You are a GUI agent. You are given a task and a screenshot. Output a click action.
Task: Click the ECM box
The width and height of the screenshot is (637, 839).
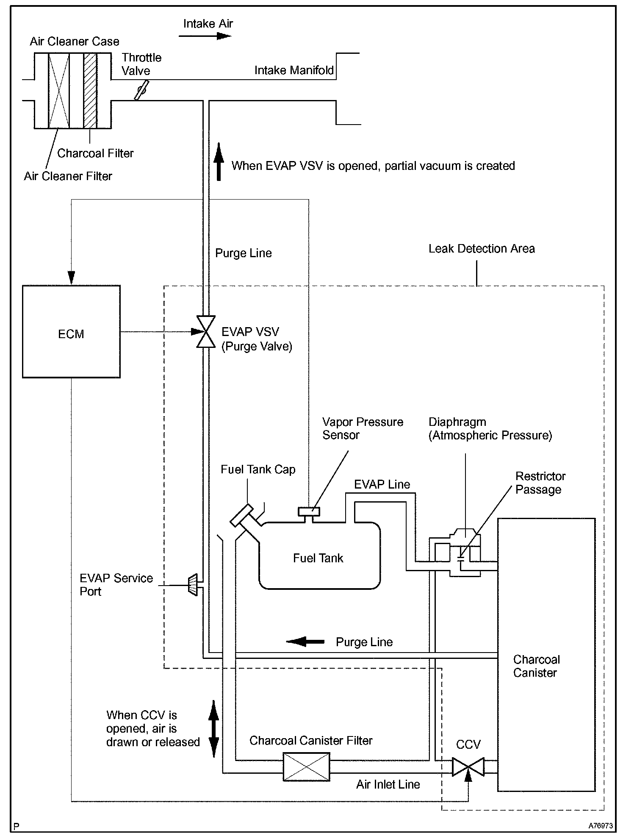(x=71, y=331)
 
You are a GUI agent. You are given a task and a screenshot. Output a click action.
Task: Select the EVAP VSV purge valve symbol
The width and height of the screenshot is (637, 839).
(x=206, y=332)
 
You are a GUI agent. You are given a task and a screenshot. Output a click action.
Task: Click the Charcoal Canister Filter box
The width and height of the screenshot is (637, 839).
(x=306, y=767)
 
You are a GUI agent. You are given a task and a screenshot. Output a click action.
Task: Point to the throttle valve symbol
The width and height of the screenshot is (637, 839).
(x=141, y=91)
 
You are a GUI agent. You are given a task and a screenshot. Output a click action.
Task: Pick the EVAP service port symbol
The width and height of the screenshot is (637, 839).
(x=193, y=585)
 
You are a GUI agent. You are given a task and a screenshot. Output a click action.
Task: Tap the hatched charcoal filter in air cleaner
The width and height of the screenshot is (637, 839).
(x=90, y=91)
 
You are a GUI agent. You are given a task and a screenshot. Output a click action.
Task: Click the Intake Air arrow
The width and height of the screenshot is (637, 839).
(x=205, y=36)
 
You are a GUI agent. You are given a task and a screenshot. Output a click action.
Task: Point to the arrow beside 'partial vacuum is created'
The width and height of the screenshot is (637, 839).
(x=219, y=161)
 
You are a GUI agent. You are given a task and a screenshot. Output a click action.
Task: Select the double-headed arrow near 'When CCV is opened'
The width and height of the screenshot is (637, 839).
(x=214, y=729)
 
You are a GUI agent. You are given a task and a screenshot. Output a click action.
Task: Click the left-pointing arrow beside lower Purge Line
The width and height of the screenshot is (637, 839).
(x=305, y=642)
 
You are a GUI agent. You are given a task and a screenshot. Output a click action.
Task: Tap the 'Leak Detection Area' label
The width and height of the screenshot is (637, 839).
(x=482, y=248)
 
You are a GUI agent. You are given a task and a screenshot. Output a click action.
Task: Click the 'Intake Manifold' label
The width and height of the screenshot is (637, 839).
(x=294, y=70)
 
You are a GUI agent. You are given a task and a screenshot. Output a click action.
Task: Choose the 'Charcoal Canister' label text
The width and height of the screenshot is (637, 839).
(x=536, y=666)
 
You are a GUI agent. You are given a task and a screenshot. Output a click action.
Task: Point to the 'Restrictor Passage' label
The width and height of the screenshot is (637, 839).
(x=540, y=483)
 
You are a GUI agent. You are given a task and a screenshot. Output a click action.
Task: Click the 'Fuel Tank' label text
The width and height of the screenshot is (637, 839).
(x=318, y=558)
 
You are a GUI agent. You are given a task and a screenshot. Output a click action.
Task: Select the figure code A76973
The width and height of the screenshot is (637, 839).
(x=600, y=826)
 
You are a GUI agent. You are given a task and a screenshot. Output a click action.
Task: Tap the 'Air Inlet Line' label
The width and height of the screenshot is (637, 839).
(x=388, y=784)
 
